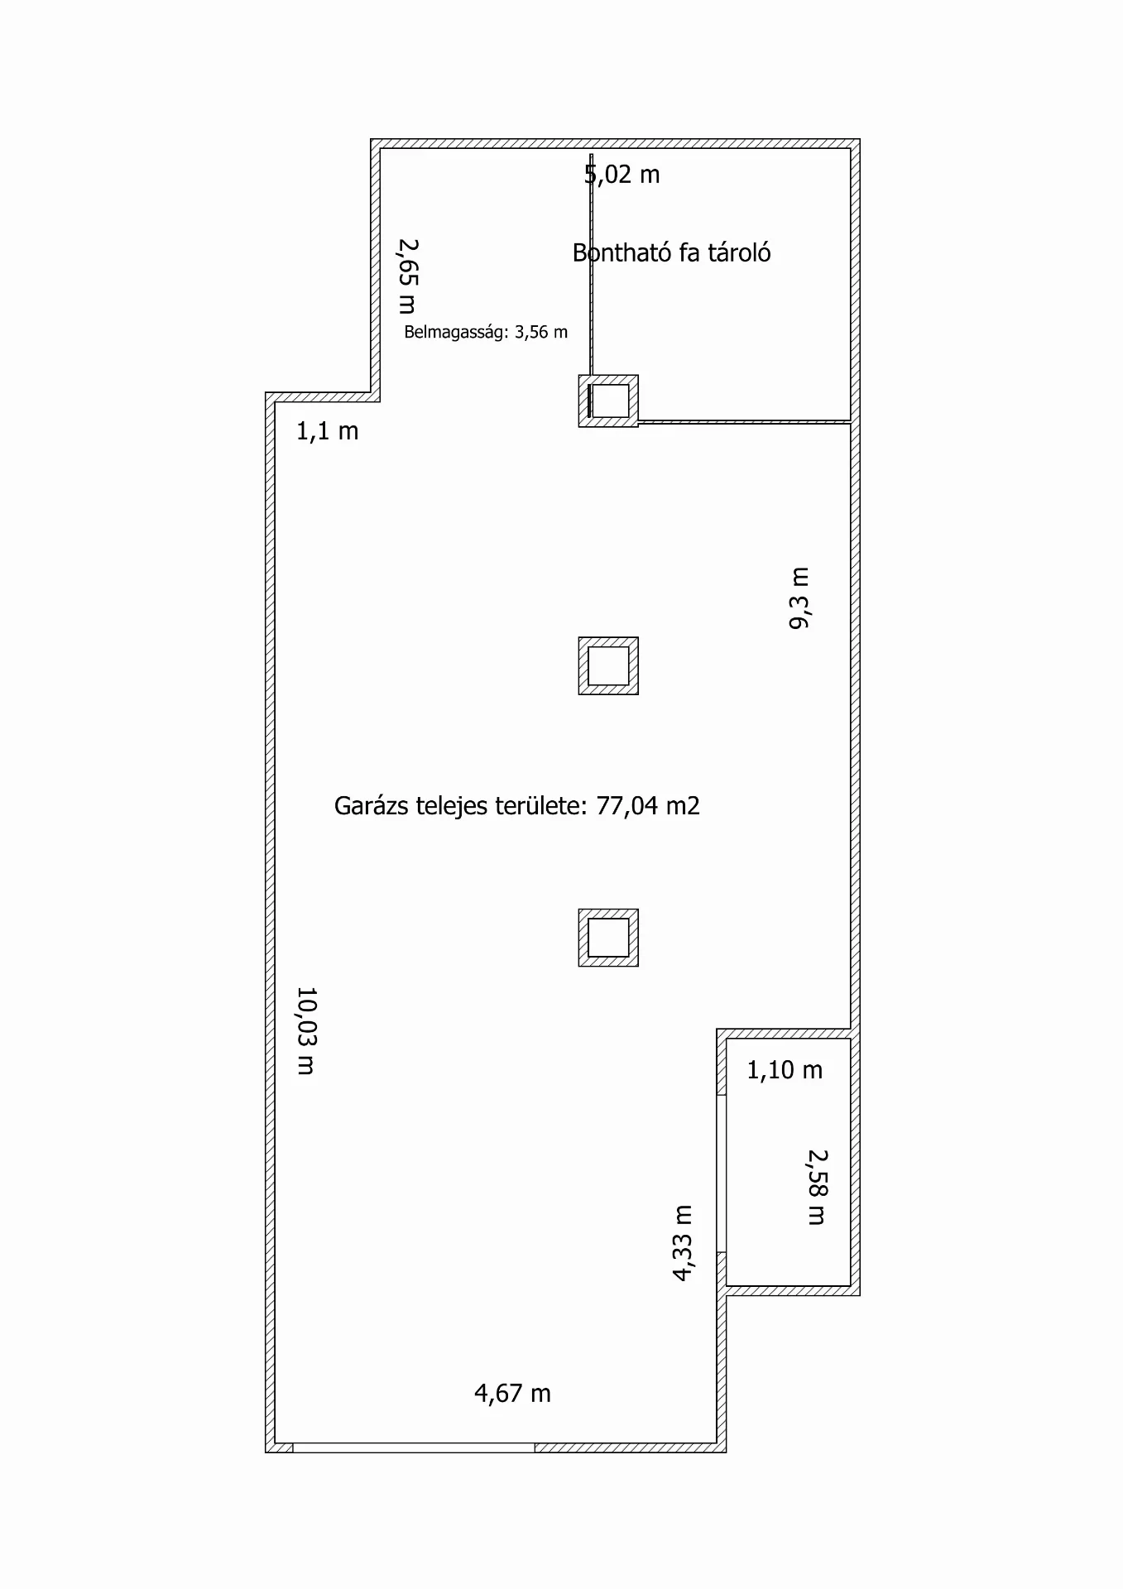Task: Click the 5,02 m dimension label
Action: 622,175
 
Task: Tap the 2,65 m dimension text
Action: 407,276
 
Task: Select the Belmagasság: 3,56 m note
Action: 486,333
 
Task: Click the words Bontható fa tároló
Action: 671,252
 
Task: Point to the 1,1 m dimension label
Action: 328,431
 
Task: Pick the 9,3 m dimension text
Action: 800,598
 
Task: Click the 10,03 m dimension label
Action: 306,1031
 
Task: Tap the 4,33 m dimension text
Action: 682,1243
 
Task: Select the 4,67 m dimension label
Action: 512,1394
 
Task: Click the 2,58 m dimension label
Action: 817,1187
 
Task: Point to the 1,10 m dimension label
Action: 785,1070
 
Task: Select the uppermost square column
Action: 608,401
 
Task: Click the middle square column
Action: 608,665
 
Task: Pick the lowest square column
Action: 608,938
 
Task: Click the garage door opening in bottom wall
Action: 414,1447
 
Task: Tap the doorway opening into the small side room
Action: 722,1174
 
